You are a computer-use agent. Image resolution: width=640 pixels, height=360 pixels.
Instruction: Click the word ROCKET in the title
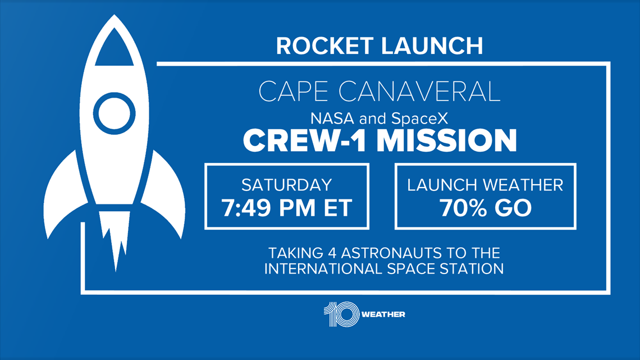(325, 45)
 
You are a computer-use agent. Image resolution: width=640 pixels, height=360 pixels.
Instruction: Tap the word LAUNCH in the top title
(432, 45)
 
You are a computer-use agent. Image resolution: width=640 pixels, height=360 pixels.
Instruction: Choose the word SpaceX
(419, 119)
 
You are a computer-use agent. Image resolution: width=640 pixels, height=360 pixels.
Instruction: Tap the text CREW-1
(304, 140)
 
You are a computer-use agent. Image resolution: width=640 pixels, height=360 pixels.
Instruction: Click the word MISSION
(446, 140)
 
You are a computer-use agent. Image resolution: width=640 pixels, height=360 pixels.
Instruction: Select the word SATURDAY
(286, 185)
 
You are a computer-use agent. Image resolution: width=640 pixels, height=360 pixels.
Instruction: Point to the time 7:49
(246, 208)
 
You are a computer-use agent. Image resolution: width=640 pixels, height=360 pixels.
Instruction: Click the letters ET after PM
(338, 208)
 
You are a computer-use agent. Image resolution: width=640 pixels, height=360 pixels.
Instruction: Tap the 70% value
(463, 208)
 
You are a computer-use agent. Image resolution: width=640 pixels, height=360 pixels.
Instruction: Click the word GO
(513, 208)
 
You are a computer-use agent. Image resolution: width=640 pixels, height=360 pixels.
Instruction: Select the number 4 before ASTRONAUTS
(332, 253)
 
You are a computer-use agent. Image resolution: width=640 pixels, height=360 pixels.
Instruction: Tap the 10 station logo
(341, 315)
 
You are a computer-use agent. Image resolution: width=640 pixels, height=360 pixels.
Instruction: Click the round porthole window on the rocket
(115, 113)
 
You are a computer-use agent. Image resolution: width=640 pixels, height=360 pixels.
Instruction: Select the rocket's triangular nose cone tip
(115, 16)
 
